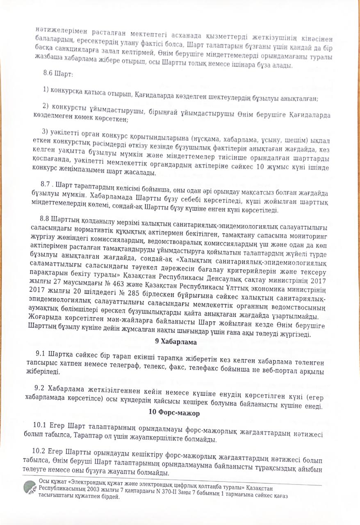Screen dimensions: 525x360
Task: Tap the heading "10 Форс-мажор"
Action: pos(175,414)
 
